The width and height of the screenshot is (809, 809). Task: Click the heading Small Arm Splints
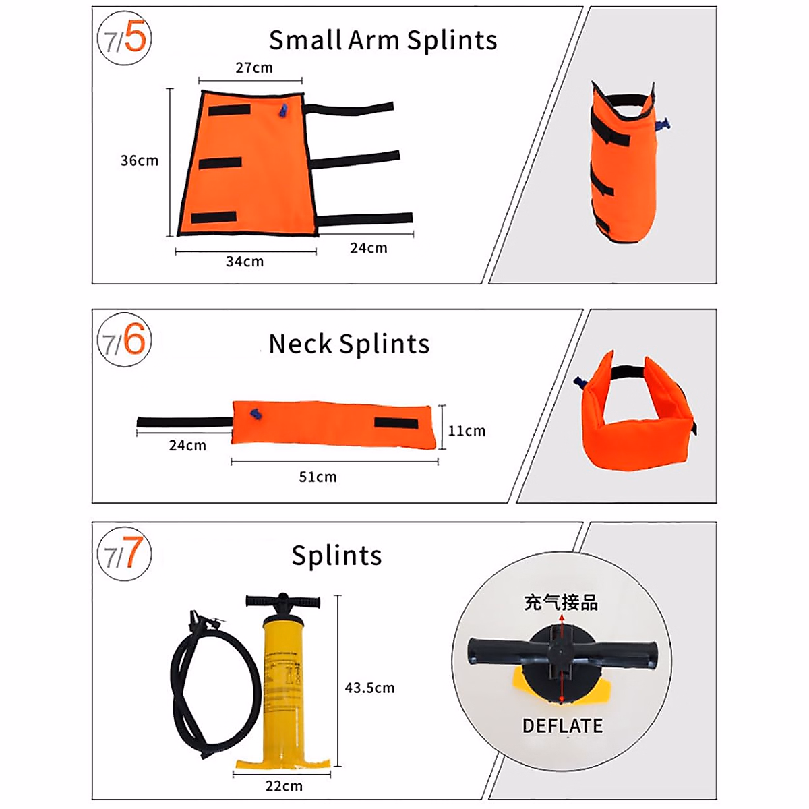383,40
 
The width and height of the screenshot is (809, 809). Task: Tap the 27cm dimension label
254,68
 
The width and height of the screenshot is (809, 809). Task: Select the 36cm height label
140,160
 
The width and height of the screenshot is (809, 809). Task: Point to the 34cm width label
245,262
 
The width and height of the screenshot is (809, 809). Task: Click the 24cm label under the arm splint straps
369,248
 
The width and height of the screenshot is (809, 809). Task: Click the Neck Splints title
349,344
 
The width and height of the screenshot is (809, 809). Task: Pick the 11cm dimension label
467,431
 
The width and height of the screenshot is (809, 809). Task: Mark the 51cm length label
318,477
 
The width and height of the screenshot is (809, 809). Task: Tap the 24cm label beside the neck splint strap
187,446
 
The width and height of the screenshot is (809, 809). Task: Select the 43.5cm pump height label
369,688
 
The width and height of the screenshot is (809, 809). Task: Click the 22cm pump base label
284,786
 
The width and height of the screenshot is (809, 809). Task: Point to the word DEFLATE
562,726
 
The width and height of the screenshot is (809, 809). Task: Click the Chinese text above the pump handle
561,603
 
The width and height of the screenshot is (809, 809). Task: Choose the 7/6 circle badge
124,340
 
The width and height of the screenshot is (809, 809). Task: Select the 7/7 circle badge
124,554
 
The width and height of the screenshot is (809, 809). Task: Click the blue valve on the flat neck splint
255,415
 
